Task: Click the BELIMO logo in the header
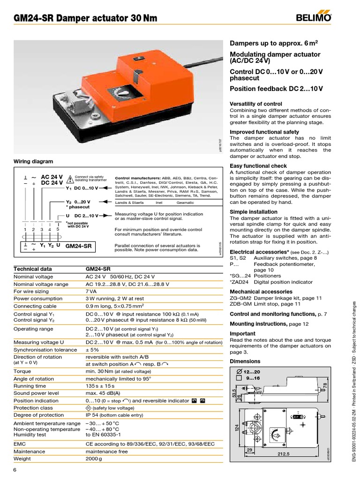pos(314,18)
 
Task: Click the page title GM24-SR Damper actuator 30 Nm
pos(85,18)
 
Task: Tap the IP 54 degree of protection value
pos(91,415)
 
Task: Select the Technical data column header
pos(32,269)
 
